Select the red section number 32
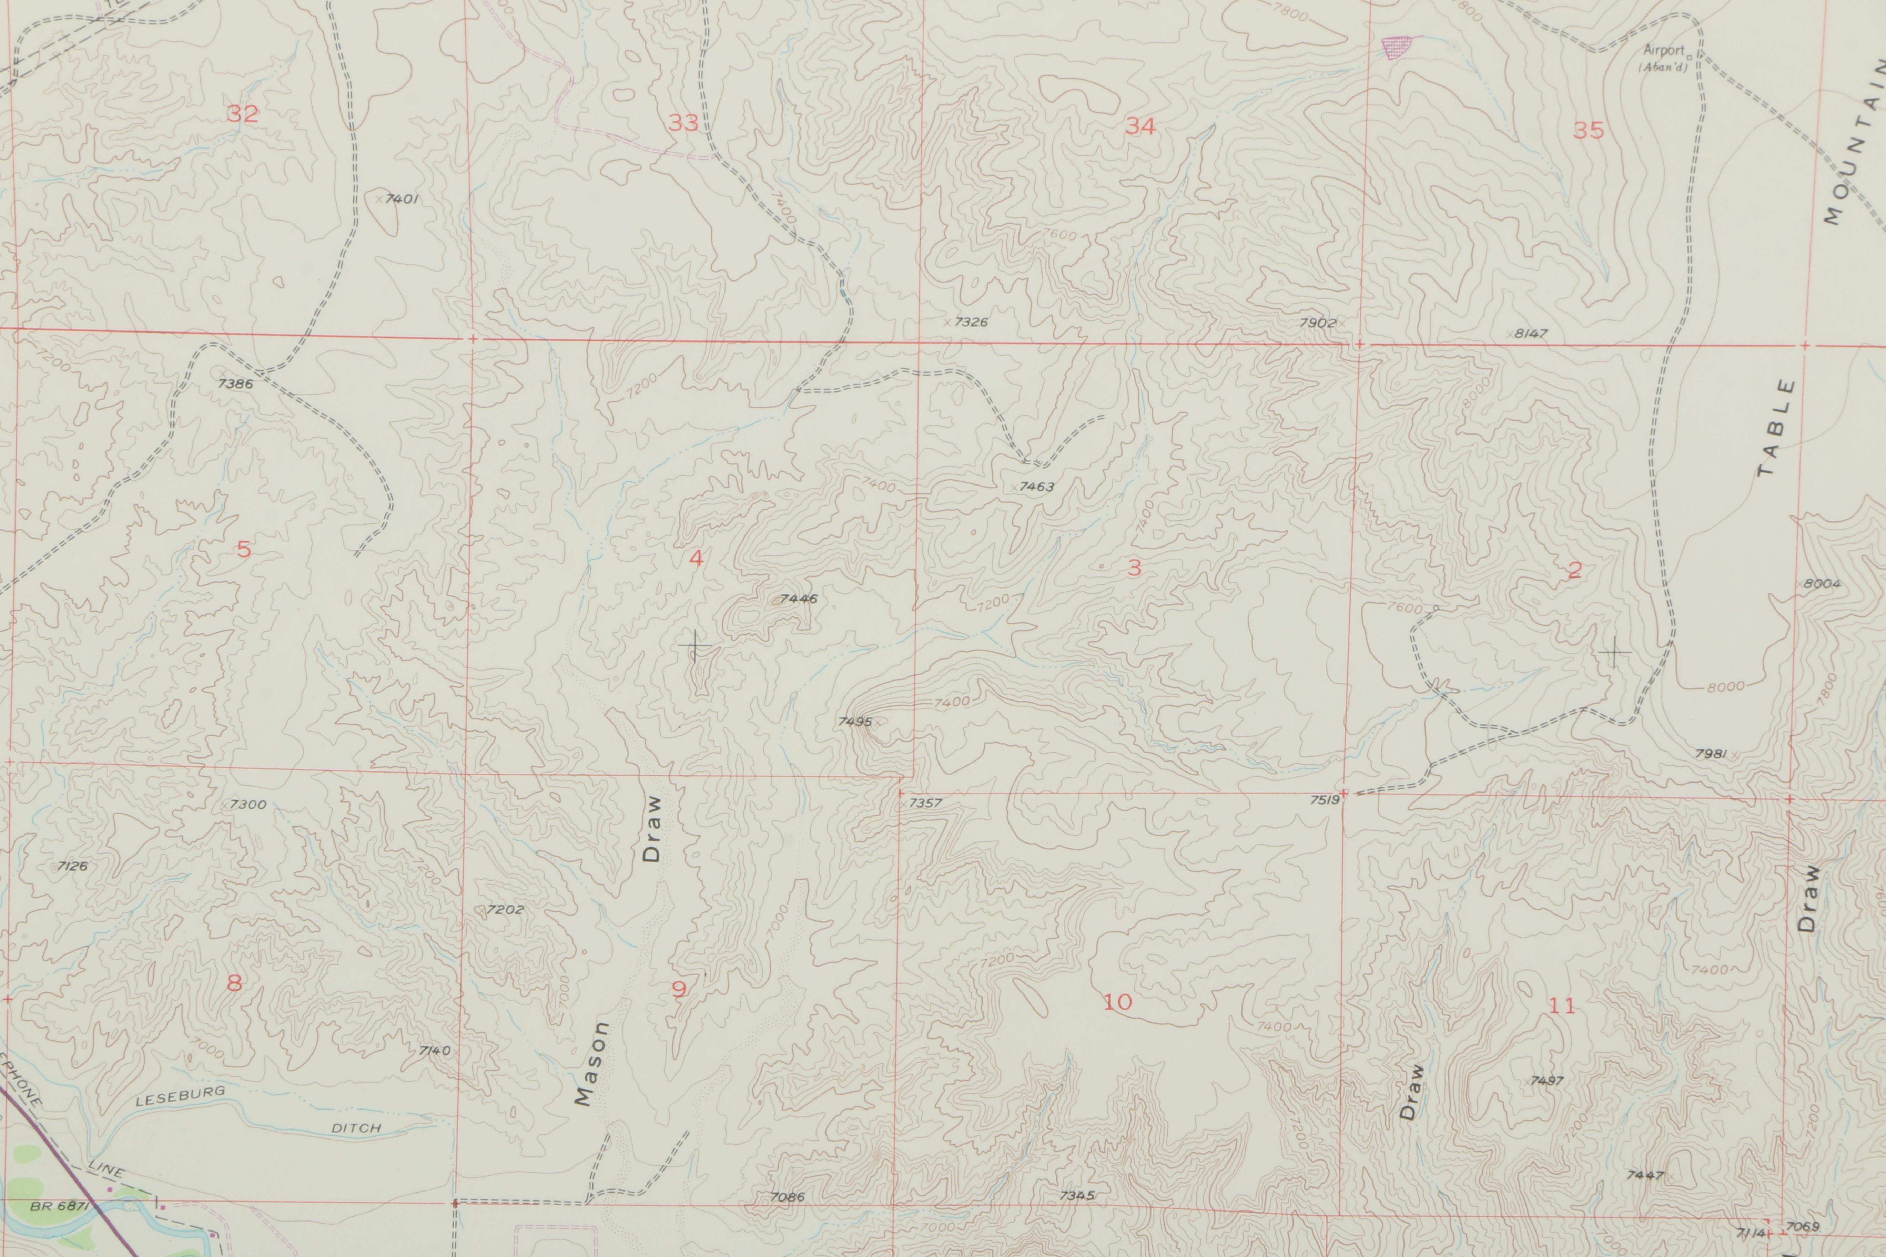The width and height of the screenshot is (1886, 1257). click(x=242, y=114)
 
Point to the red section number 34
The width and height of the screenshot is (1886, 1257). click(x=1140, y=126)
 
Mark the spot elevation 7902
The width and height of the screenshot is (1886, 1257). click(x=1317, y=323)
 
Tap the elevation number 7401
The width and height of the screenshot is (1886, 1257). click(x=402, y=199)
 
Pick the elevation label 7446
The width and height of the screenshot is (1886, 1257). click(x=799, y=599)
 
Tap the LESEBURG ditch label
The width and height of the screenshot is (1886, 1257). click(x=180, y=1096)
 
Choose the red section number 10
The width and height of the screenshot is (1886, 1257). click(x=1117, y=1001)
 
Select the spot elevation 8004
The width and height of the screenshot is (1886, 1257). click(x=1822, y=584)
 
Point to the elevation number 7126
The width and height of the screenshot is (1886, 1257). click(x=72, y=866)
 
